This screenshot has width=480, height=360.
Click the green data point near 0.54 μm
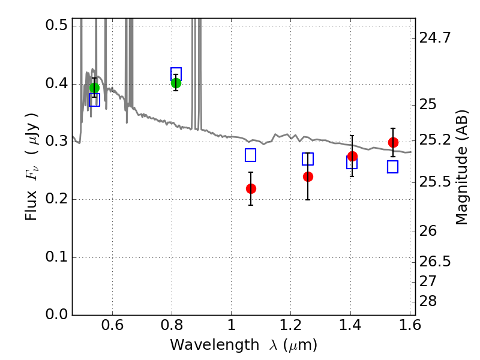point(94,88)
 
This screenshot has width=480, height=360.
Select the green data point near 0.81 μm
point(176,83)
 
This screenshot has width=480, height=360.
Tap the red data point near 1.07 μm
point(251,188)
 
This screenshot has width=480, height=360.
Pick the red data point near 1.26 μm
point(308,176)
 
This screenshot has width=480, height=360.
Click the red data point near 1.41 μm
point(352,157)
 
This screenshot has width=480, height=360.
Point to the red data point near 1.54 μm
point(393,142)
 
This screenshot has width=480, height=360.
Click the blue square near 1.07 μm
point(251,155)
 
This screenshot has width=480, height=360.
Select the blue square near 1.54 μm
point(393,167)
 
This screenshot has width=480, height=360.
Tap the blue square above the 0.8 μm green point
point(176,73)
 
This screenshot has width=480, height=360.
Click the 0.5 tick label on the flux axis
point(57,26)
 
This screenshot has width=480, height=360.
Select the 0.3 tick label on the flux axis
point(57,142)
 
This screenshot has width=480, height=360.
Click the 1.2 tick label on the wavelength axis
point(290,328)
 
